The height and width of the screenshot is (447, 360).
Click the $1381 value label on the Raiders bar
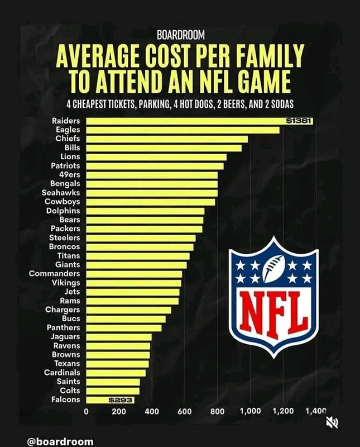[297, 121]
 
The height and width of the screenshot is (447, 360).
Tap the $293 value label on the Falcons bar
[119, 400]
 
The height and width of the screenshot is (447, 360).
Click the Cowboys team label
[62, 202]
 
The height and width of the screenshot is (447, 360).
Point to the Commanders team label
[54, 274]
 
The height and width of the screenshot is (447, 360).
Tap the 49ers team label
[69, 174]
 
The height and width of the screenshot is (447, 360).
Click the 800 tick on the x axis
[218, 412]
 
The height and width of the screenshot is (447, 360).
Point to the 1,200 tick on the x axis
[283, 412]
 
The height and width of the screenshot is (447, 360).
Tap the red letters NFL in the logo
[274, 313]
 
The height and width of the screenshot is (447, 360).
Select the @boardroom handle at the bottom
[60, 441]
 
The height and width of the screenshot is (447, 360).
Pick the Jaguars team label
[65, 337]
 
